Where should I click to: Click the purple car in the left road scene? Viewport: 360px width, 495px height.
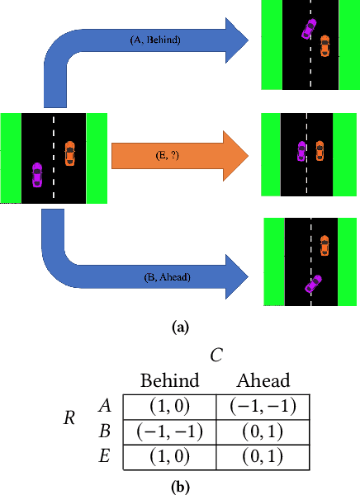coord(37,175)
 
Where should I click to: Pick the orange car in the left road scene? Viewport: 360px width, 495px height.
coord(69,153)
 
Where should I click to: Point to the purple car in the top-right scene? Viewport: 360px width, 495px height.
coord(308,30)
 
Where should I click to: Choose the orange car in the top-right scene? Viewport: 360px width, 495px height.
coord(324,45)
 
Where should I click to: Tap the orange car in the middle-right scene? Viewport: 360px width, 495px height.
coord(319,151)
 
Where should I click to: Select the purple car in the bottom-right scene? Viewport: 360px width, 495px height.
coord(313,284)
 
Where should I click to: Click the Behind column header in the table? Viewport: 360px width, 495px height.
coord(170,381)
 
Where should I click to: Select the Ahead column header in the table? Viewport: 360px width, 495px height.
coord(262,381)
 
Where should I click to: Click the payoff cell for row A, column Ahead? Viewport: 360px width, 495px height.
coord(262,406)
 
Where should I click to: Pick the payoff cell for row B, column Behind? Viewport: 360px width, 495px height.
coord(170,431)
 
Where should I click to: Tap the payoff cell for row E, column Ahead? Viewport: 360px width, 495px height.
coord(262,456)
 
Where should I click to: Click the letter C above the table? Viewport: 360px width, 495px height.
coord(216,356)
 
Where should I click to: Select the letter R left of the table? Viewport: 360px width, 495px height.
coord(69,418)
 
